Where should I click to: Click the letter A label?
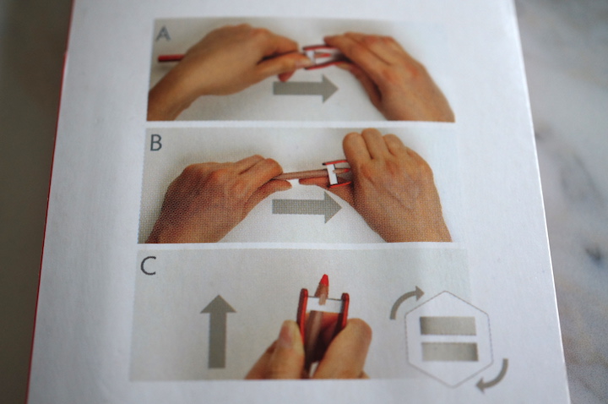[x=163, y=34]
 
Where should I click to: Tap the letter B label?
[x=156, y=143]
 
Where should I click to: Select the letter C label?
[x=148, y=265]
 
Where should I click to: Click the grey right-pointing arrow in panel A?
[x=306, y=89]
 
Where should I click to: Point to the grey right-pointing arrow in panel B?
[x=307, y=207]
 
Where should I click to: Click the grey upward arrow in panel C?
[x=218, y=331]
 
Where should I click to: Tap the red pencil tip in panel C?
[x=323, y=281]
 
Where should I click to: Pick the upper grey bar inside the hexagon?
[x=448, y=326]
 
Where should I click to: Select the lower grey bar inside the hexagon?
[x=450, y=352]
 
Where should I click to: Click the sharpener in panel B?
[x=337, y=173]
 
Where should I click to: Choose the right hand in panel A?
[x=388, y=76]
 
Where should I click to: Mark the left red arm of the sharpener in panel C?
[x=302, y=310]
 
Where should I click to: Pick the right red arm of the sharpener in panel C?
[x=345, y=309]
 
